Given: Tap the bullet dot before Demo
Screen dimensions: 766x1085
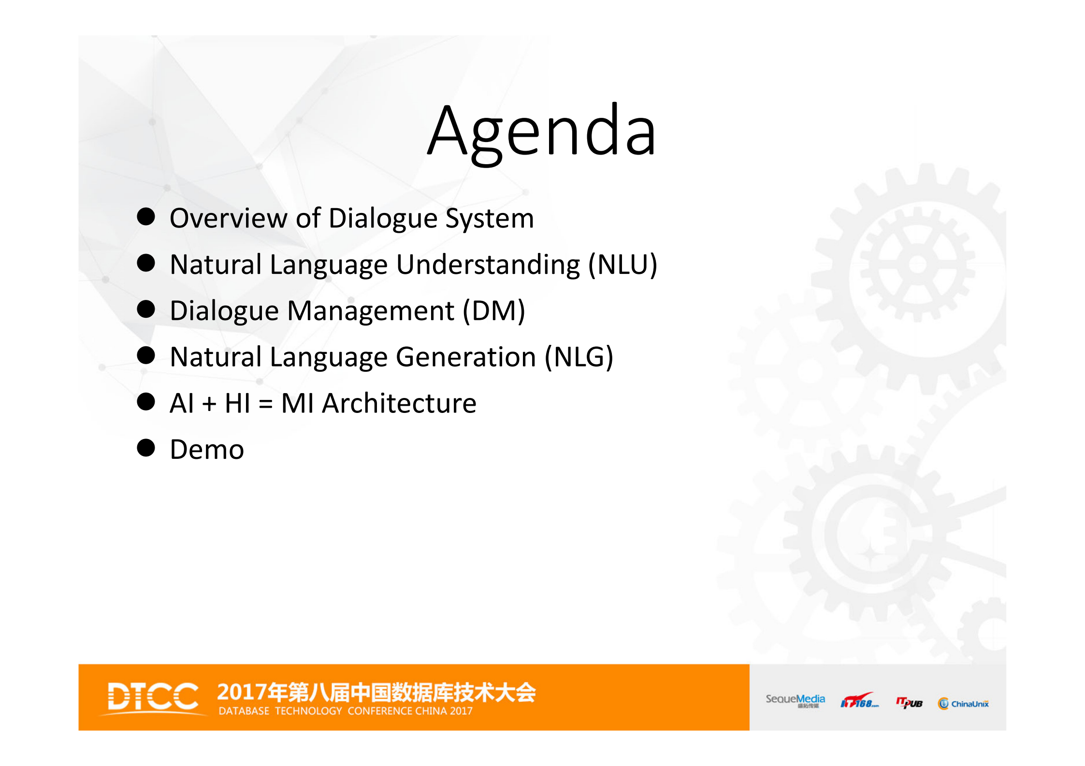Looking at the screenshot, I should (x=146, y=448).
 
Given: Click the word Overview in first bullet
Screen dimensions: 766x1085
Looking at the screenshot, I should (x=228, y=218).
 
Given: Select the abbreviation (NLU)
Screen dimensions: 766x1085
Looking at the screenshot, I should (x=622, y=265).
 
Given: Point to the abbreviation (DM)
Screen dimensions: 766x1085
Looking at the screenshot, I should (x=493, y=311).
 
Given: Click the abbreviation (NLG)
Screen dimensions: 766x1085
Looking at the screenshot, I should (x=579, y=357).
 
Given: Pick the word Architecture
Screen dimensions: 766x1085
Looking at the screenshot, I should (x=399, y=403).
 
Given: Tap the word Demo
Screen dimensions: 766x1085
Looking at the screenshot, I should (x=207, y=450).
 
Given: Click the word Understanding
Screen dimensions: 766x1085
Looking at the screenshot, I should (x=488, y=265).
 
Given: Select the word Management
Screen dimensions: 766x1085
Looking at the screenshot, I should (x=371, y=311).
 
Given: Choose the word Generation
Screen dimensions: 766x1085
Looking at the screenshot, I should (x=466, y=357).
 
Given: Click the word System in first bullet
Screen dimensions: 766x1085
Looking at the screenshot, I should (x=489, y=218).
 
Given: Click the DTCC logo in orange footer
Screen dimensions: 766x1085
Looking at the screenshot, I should (x=153, y=696).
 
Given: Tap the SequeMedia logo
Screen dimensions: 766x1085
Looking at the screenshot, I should (x=795, y=701).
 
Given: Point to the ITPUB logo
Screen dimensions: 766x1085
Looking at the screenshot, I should (x=909, y=703).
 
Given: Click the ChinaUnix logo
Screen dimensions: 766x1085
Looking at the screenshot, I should (x=963, y=704).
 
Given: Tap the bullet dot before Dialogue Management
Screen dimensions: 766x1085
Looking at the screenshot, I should (x=146, y=309).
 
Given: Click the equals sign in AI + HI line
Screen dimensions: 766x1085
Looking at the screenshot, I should (x=265, y=404).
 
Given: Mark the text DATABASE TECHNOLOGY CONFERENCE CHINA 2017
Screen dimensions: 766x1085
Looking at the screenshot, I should (x=346, y=711).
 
